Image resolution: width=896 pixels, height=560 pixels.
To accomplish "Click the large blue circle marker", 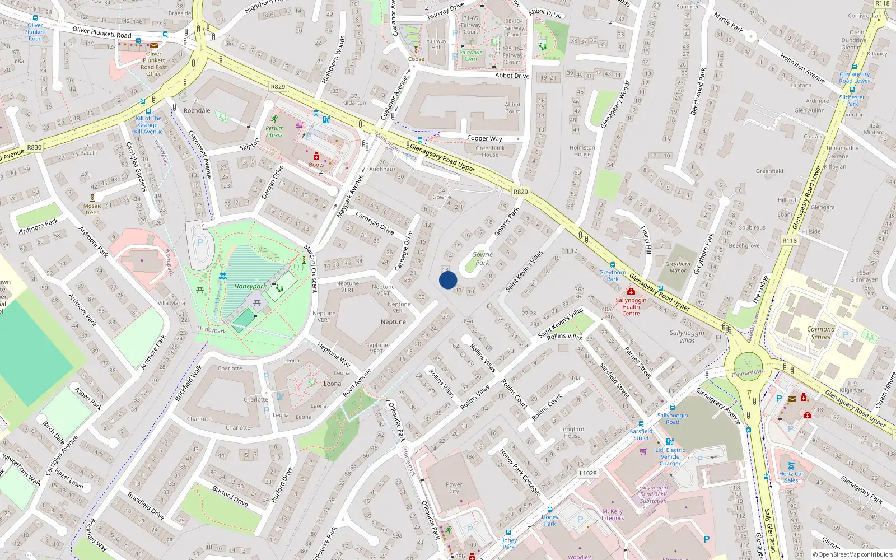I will pyautogui.click(x=448, y=280).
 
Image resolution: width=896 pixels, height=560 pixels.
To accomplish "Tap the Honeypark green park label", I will pyautogui.click(x=250, y=286).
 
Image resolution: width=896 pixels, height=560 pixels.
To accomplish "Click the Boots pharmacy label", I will pyautogui.click(x=316, y=165).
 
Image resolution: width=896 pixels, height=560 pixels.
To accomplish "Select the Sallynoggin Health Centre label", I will pyautogui.click(x=631, y=306).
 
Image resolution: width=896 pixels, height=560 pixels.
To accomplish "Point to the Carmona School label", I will pyautogui.click(x=821, y=333).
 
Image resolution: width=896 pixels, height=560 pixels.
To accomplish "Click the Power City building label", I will pyautogui.click(x=454, y=488).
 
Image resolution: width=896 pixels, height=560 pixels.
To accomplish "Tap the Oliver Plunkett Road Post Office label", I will pyautogui.click(x=154, y=64).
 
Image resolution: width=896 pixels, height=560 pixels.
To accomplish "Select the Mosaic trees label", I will pyautogui.click(x=92, y=209).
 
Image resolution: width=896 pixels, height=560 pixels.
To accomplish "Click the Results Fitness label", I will pyautogui.click(x=274, y=131).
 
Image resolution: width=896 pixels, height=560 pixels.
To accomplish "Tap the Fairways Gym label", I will pyautogui.click(x=471, y=55).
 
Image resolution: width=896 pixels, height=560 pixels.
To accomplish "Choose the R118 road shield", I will pyautogui.click(x=790, y=240).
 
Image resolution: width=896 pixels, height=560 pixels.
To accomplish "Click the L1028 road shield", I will pyautogui.click(x=588, y=473).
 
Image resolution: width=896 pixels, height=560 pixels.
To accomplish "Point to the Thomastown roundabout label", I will pyautogui.click(x=748, y=373).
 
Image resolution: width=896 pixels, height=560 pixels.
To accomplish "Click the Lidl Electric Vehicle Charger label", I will pyautogui.click(x=670, y=456).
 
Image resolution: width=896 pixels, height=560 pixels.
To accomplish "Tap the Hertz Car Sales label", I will pyautogui.click(x=791, y=477).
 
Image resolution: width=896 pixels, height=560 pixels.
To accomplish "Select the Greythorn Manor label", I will pyautogui.click(x=678, y=267).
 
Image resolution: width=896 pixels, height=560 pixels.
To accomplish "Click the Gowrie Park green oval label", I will pyautogui.click(x=482, y=258).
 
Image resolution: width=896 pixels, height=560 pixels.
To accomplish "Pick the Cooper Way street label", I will pyautogui.click(x=485, y=138).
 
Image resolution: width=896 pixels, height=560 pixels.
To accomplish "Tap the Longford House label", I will pyautogui.click(x=572, y=432).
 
